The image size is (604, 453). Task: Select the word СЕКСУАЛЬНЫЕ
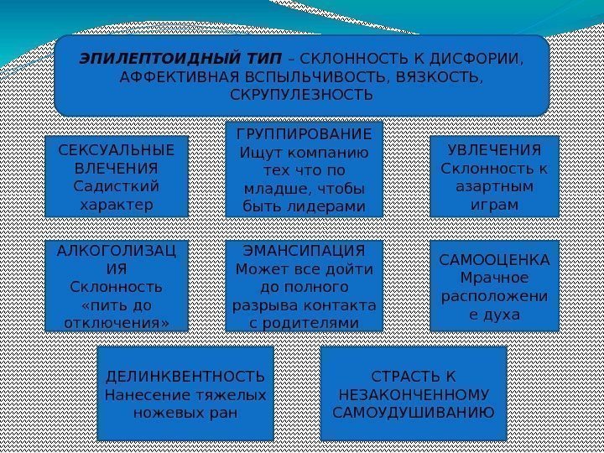tap(116, 150)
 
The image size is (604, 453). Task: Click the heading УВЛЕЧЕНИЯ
tap(494, 150)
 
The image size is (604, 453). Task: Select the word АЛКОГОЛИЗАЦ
tap(116, 252)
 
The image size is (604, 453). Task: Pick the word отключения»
tap(116, 322)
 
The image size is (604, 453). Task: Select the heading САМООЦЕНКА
tap(494, 260)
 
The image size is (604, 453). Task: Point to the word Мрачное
tap(494, 278)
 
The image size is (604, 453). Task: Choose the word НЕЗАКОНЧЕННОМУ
tap(414, 393)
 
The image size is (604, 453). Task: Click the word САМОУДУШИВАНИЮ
tap(414, 412)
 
